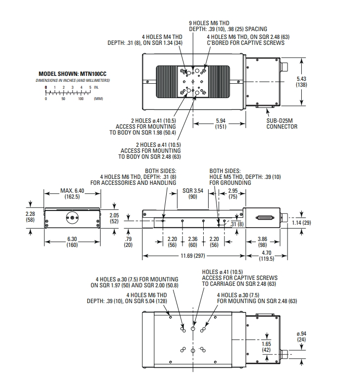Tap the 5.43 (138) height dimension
pyautogui.click(x=301, y=82)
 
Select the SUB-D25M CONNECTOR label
pyautogui.click(x=282, y=124)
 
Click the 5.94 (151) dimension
pyautogui.click(x=220, y=123)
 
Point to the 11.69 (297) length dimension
pyautogui.click(x=193, y=256)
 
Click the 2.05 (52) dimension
pyautogui.click(x=115, y=217)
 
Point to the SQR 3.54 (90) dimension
pyautogui.click(x=193, y=193)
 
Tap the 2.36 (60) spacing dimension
pyautogui.click(x=193, y=241)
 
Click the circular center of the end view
pyautogui.click(x=72, y=217)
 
